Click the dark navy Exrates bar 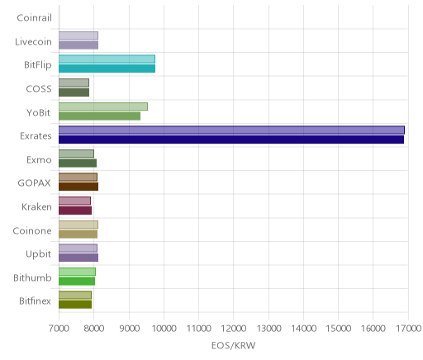pos(231,140)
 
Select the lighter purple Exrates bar pos(231,130)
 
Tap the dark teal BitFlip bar pos(107,69)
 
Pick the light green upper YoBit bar pos(103,107)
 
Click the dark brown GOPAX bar pos(78,187)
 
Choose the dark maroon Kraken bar pos(75,211)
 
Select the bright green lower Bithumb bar pos(77,282)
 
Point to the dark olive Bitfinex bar pos(75,305)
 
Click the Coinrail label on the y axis pos(34,18)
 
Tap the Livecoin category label pos(33,41)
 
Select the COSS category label pos(39,88)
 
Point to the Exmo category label pos(39,159)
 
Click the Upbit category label pos(38,254)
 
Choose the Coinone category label pos(32,230)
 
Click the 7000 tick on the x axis pos(59,329)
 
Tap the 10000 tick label pos(164,329)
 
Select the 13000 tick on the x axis pos(269,329)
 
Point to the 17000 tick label pos(409,329)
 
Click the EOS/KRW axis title pos(234,345)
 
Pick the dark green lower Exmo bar pos(78,163)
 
